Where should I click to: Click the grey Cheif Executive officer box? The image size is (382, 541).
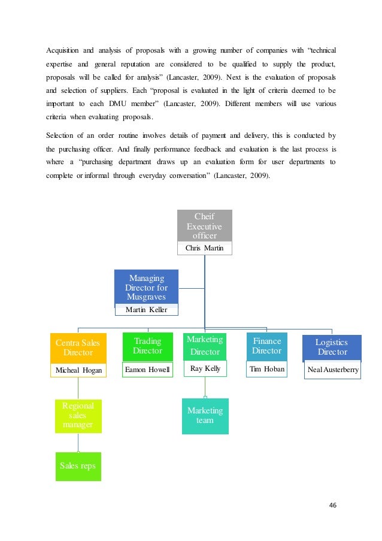coord(204,226)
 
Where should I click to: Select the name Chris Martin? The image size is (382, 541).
coord(204,248)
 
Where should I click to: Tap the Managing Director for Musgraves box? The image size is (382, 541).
coord(146,288)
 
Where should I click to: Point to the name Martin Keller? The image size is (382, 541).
coord(146,310)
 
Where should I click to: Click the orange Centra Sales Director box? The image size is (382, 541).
coord(78,348)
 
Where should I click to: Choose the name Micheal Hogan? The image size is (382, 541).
coord(78,370)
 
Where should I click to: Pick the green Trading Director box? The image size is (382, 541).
coord(147,346)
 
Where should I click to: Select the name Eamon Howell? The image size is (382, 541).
coord(147,370)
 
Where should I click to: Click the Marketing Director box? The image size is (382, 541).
coord(204,346)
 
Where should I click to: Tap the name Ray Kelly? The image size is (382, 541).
coord(204,368)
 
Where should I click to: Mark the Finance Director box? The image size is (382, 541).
coord(266,346)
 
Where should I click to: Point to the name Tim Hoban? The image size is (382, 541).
coord(266,370)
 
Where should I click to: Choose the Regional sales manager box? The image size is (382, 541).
coord(78,416)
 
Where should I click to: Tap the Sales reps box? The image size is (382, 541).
coord(78,466)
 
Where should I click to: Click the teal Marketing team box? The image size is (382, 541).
coord(205,415)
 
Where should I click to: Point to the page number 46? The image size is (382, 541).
coord(333,504)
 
